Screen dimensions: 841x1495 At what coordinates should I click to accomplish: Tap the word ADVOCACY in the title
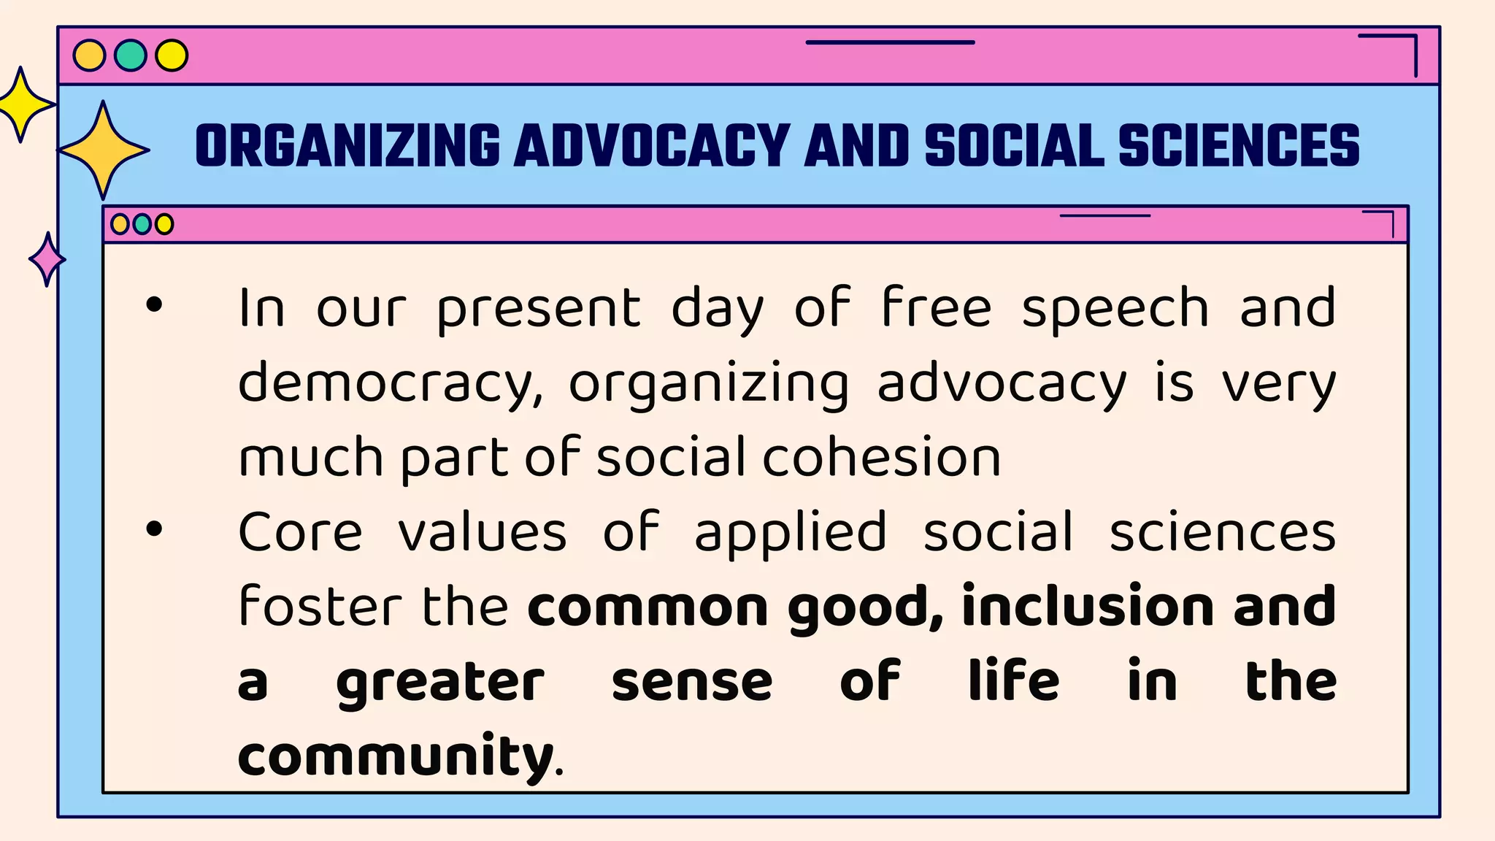coord(652,145)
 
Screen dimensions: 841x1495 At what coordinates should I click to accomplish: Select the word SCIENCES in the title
coord(1239,145)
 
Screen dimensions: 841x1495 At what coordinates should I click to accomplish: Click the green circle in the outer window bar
coord(131,55)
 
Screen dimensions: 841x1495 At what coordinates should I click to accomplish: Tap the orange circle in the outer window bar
coord(90,55)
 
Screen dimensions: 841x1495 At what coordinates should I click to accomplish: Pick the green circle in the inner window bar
coord(142,224)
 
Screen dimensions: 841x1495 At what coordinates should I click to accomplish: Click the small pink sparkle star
coord(47,259)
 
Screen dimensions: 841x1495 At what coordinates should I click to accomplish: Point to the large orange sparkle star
coord(104,150)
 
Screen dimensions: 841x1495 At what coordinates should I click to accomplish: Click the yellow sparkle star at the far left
coord(21,105)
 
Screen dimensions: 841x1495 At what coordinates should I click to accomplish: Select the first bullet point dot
coord(154,304)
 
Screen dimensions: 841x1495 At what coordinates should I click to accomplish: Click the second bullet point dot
coord(154,529)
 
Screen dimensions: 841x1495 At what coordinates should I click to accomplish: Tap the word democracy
coord(390,384)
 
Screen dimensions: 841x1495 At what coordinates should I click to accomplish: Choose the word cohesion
coord(882,458)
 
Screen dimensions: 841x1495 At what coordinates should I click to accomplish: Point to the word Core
coord(300,532)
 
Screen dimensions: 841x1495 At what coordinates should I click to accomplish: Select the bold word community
coord(395,756)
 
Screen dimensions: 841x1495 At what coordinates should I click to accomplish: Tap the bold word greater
coord(440,683)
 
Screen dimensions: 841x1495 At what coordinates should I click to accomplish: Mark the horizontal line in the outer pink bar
coord(890,42)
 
